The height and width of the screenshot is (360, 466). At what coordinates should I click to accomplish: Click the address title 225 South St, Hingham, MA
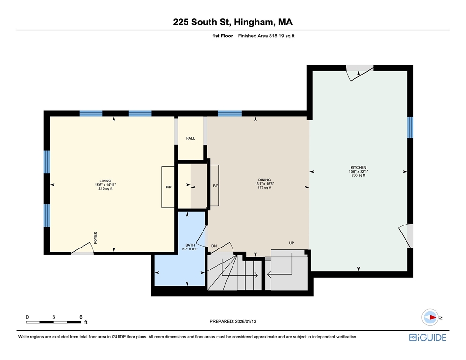[x=233, y=22]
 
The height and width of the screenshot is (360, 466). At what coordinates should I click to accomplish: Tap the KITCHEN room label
[x=358, y=167]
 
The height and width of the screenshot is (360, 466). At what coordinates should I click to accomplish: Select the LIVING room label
[x=105, y=180]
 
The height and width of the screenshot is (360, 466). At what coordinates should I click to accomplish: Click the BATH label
[x=189, y=245]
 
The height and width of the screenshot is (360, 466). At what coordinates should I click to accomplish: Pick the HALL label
[x=190, y=139]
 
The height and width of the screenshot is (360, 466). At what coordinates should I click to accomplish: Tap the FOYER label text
[x=96, y=237]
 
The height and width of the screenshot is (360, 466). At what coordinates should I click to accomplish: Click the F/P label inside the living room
[x=168, y=187]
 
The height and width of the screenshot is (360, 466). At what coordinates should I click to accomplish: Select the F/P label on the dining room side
[x=216, y=186]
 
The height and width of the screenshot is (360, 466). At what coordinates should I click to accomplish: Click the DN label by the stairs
[x=214, y=246]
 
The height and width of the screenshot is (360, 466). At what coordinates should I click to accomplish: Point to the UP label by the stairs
[x=291, y=243]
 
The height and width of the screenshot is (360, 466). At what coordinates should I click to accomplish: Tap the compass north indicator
[x=430, y=317]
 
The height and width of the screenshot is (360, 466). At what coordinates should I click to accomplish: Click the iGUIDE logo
[x=427, y=337]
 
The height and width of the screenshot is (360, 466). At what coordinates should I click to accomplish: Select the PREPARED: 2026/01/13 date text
[x=233, y=321]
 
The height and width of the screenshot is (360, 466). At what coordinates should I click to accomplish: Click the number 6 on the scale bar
[x=81, y=317]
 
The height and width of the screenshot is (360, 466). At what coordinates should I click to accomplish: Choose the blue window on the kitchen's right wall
[x=410, y=127]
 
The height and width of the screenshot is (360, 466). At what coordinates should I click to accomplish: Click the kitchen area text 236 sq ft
[x=358, y=175]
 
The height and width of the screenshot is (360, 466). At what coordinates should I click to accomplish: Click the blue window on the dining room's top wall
[x=229, y=113]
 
